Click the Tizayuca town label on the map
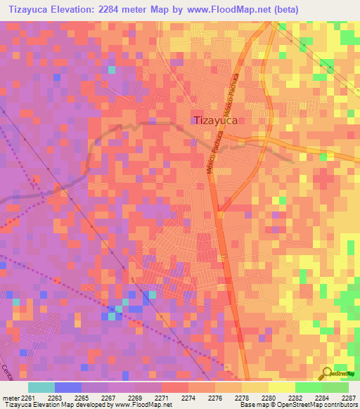[x=215, y=120]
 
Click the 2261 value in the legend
[x=27, y=398]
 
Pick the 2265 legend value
[x=82, y=398]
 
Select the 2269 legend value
[x=136, y=398]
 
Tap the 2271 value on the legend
[x=162, y=398]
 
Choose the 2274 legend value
[x=189, y=398]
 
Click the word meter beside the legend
[x=9, y=398]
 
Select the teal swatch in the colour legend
[x=41, y=387]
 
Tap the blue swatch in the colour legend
[x=67, y=387]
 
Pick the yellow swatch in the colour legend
[x=281, y=387]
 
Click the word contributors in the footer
[x=340, y=405]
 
